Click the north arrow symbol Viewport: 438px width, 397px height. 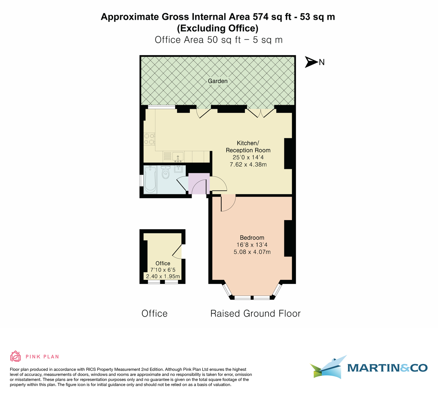[311, 62]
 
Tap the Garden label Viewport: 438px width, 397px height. [218, 81]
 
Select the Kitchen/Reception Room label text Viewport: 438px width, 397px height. [248, 147]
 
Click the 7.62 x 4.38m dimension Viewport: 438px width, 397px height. [248, 165]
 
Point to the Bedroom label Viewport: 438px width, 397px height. [252, 238]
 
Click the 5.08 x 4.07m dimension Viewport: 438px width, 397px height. [252, 252]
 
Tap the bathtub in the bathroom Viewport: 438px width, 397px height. [150, 179]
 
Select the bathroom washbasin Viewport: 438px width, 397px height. [179, 169]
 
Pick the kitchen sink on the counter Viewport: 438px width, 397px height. [178, 157]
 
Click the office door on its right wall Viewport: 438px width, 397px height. [177, 251]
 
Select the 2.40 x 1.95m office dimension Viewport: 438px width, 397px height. [163, 277]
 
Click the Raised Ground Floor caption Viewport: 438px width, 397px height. [255, 313]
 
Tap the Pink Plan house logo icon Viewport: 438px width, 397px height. [15, 356]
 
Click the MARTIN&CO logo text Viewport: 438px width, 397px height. [387, 368]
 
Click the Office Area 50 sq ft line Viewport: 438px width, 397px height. [218, 40]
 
